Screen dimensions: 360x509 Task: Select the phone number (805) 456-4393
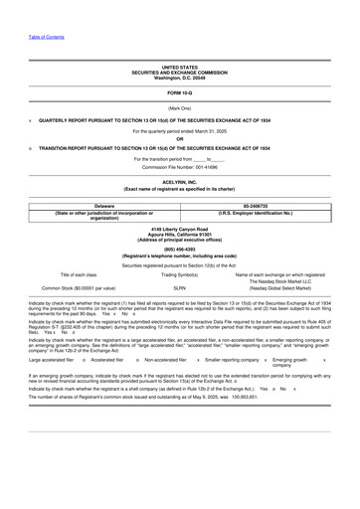(180, 250)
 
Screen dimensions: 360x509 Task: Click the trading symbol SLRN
(180, 288)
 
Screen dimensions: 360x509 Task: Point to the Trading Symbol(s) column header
(180, 274)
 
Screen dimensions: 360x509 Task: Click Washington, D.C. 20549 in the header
(180, 78)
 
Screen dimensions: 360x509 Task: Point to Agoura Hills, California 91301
(180, 236)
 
